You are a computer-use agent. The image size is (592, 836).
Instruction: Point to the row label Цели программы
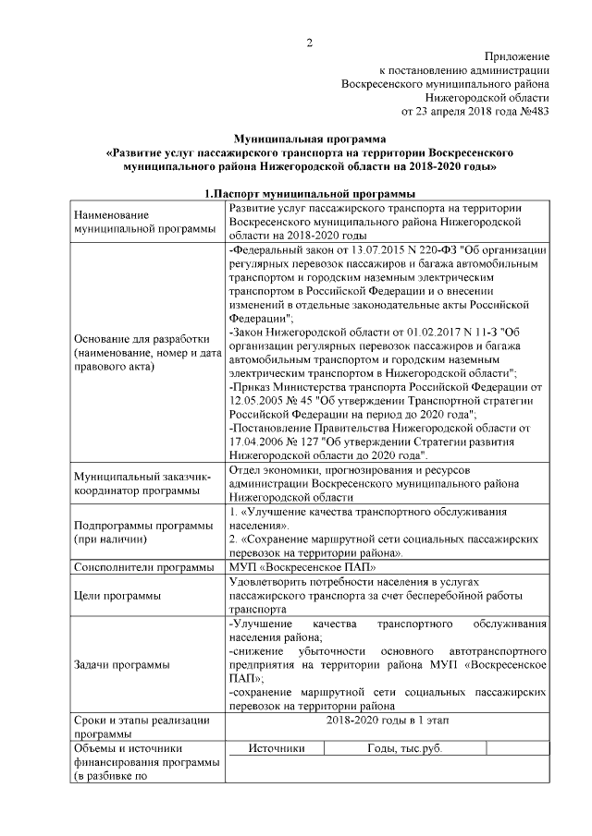[116, 596]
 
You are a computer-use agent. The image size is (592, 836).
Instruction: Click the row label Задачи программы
[120, 665]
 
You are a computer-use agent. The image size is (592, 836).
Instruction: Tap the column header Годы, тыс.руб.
[404, 749]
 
